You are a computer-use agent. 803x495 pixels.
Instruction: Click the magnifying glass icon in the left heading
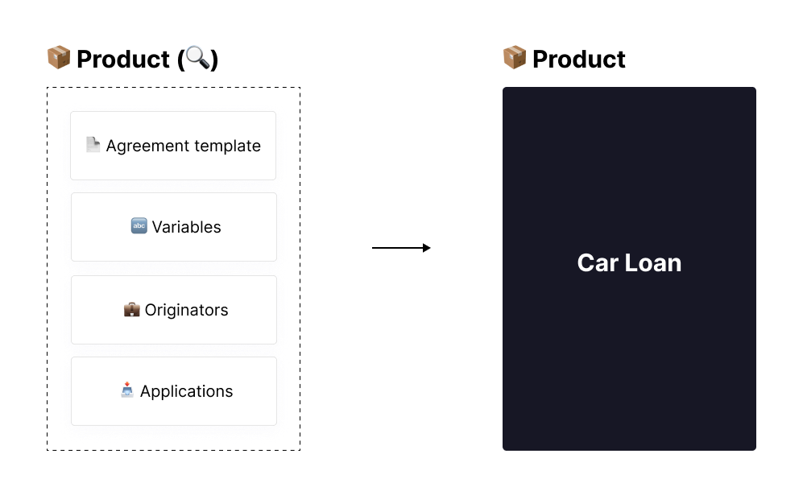(x=197, y=57)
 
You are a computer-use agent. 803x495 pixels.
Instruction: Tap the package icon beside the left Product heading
(x=59, y=57)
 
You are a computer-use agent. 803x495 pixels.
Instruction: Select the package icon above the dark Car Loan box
(x=515, y=57)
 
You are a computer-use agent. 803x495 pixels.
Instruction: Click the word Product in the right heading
(x=579, y=59)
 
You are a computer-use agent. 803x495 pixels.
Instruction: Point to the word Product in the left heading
(x=123, y=59)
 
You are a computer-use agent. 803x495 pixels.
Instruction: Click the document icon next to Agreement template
(x=93, y=145)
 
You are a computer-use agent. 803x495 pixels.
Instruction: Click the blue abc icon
(x=139, y=225)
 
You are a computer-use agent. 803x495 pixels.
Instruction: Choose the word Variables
(x=186, y=227)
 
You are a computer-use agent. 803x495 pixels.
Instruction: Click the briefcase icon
(x=131, y=309)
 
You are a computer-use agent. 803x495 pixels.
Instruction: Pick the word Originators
(x=186, y=310)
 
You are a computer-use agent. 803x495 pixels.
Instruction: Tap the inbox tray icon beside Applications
(x=127, y=390)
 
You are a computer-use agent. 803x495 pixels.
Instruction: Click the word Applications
(x=186, y=391)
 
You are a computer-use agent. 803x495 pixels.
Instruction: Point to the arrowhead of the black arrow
(x=427, y=248)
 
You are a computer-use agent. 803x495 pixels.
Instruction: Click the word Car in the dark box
(x=598, y=263)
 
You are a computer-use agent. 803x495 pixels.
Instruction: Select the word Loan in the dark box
(x=653, y=263)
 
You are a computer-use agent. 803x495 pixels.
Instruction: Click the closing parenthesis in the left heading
(x=214, y=60)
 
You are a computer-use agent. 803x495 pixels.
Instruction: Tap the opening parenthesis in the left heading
(x=180, y=60)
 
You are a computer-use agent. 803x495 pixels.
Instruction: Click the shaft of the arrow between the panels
(x=397, y=248)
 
